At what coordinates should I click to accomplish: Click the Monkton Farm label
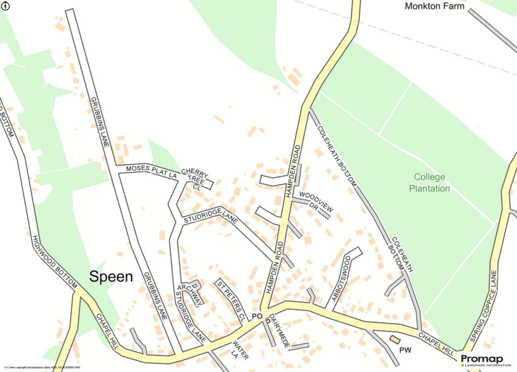(x=435, y=6)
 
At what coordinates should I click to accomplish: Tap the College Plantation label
(x=430, y=183)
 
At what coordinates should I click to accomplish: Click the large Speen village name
(x=111, y=276)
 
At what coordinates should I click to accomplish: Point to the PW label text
(x=405, y=350)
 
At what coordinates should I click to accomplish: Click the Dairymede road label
(x=278, y=331)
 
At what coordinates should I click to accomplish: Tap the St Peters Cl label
(x=231, y=301)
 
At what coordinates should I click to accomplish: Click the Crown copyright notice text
(x=43, y=368)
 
